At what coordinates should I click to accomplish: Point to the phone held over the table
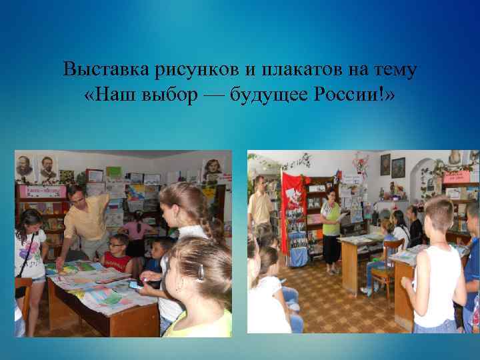point(136,285)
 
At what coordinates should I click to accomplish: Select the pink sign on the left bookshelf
point(42,191)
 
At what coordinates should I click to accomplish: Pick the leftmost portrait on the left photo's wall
point(25,166)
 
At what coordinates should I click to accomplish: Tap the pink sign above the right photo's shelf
point(456,176)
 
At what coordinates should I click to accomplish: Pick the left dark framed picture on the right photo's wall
point(385,164)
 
